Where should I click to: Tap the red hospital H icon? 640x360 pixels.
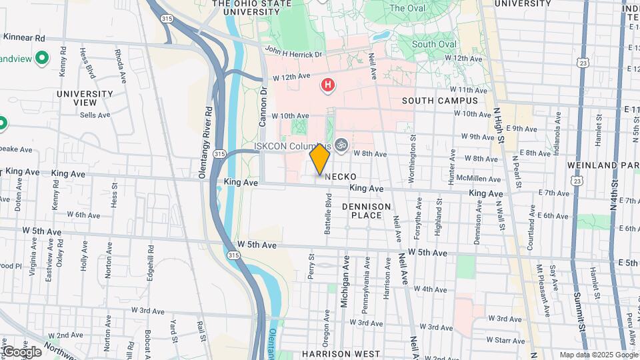(327, 85)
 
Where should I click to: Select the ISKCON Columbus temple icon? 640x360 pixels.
(341, 144)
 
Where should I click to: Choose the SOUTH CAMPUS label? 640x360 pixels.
(440, 101)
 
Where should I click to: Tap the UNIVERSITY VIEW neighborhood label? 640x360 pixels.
(85, 98)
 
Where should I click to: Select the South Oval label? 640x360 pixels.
(434, 45)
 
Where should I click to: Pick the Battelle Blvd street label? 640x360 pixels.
(328, 213)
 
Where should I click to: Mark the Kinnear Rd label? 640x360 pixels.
(24, 37)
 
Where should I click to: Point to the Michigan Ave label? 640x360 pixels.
(345, 280)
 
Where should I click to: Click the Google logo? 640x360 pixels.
(21, 351)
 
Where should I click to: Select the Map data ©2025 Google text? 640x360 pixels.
(597, 355)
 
